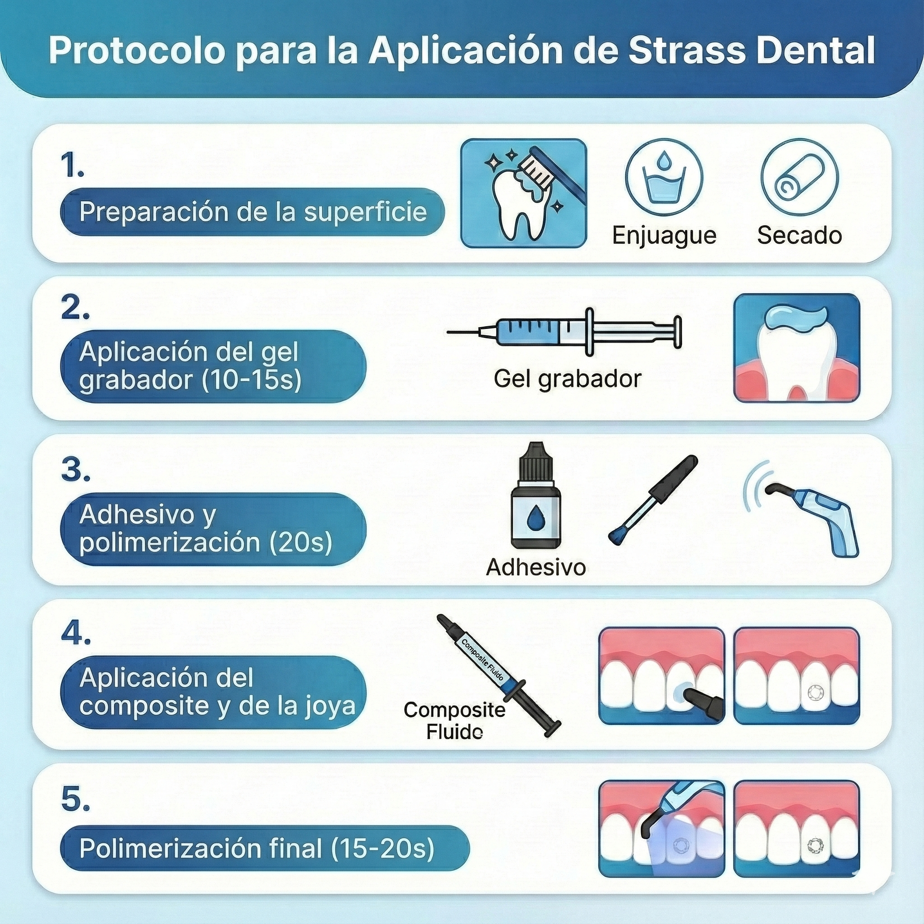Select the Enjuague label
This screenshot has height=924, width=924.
(x=664, y=236)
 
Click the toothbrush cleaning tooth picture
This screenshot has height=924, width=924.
(x=523, y=193)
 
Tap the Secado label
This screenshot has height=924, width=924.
(x=799, y=236)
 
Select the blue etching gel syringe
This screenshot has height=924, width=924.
(x=564, y=332)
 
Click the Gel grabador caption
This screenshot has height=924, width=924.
(x=567, y=379)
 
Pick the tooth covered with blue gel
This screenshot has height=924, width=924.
(x=796, y=348)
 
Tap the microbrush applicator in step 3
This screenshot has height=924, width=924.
(x=653, y=500)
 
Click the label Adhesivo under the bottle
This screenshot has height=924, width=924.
(x=536, y=568)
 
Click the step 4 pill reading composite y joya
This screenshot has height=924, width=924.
(x=213, y=692)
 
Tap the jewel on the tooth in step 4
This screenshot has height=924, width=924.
(x=813, y=693)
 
